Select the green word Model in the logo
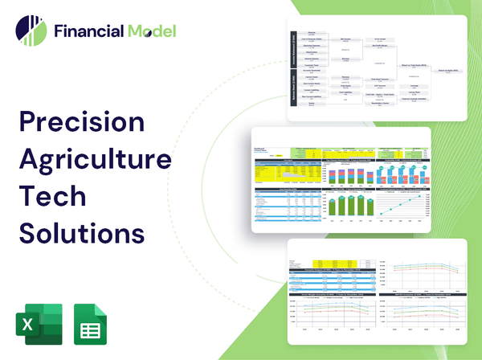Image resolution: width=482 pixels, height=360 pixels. click(x=150, y=31)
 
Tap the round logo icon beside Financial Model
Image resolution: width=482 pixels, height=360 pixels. click(x=31, y=31)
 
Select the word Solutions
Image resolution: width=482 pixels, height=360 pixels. click(x=82, y=233)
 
